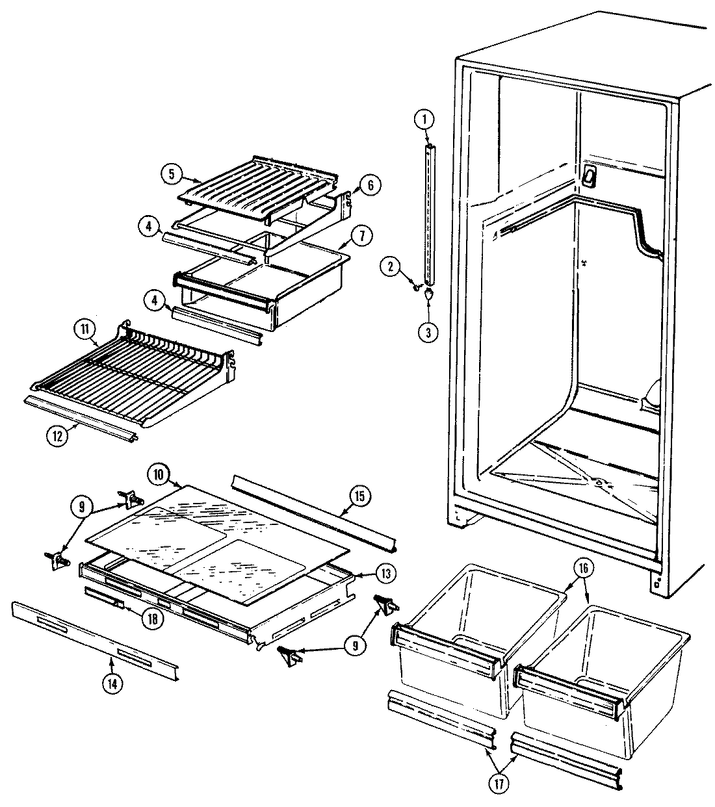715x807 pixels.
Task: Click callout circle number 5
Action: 170,173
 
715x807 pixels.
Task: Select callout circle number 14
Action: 111,682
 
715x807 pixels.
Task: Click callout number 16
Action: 583,567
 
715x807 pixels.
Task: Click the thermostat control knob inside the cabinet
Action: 590,174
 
